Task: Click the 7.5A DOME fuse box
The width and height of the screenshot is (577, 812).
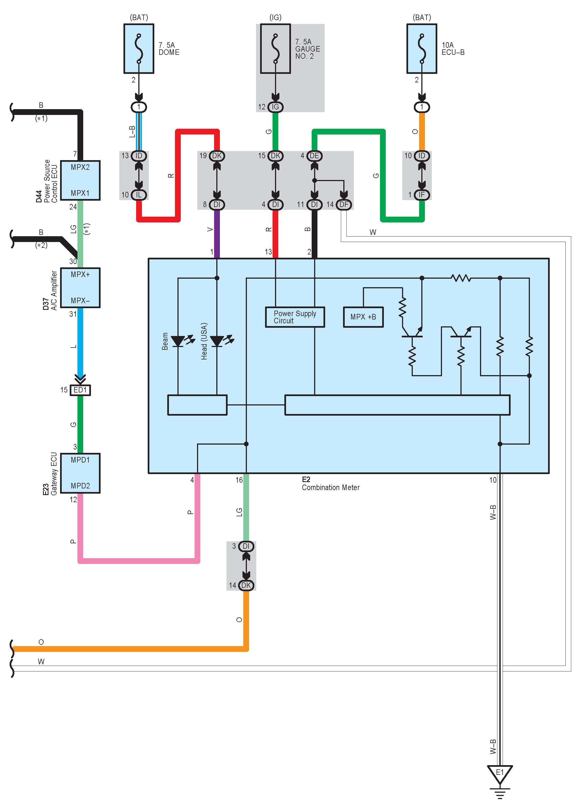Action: click(x=139, y=49)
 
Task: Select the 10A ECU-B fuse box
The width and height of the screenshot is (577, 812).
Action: click(x=422, y=49)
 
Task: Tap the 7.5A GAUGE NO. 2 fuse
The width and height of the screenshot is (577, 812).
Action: click(x=275, y=49)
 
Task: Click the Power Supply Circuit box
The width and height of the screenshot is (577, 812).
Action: click(x=295, y=317)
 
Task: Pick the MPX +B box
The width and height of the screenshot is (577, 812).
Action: click(x=363, y=317)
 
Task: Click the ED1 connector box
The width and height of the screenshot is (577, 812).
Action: click(x=80, y=390)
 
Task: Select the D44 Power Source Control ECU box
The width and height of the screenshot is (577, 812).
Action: click(x=80, y=180)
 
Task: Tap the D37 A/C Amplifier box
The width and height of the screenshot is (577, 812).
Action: click(x=80, y=287)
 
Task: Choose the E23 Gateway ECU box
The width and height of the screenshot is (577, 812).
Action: click(x=80, y=473)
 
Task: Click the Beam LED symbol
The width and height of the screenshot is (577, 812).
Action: click(x=178, y=341)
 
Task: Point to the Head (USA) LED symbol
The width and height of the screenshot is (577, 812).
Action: click(x=217, y=341)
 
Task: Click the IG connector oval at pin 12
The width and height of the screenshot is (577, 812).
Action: click(x=275, y=107)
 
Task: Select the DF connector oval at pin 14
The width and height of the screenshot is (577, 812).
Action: click(x=344, y=204)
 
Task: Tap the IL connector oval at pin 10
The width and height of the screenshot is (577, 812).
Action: click(x=139, y=195)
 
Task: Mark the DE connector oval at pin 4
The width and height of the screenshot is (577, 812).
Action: click(x=314, y=156)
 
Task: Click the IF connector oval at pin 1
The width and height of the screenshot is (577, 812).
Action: click(x=422, y=195)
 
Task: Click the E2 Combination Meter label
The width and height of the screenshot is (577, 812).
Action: click(x=330, y=484)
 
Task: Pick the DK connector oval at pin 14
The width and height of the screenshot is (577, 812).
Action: click(x=246, y=585)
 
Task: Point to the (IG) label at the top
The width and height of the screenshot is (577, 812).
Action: click(x=275, y=17)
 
